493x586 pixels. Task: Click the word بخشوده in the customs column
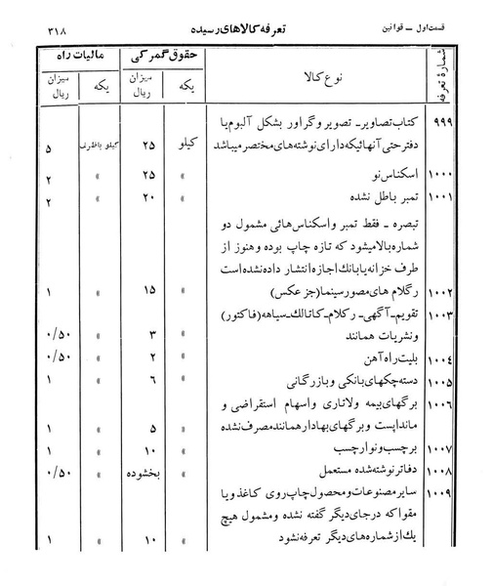pos(147,475)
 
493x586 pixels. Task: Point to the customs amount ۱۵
pos(149,291)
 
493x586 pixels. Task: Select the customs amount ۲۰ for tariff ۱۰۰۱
pos(149,196)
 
